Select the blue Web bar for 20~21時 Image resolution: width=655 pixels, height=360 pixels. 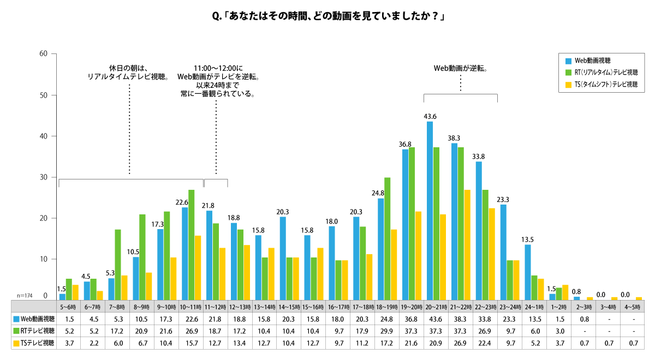(430, 210)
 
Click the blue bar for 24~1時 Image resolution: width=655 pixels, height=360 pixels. (528, 272)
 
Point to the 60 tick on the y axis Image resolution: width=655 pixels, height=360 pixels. (44, 53)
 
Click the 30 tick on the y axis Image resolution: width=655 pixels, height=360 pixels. (44, 177)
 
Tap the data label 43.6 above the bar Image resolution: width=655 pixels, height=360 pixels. (430, 116)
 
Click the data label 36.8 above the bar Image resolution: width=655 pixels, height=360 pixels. (405, 144)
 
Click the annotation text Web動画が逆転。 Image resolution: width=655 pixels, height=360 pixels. (460, 68)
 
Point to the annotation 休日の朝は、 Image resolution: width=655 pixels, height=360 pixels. (129, 68)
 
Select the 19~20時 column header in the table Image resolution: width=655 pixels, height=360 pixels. (411, 307)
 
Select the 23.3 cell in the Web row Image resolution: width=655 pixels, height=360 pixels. (509, 319)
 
